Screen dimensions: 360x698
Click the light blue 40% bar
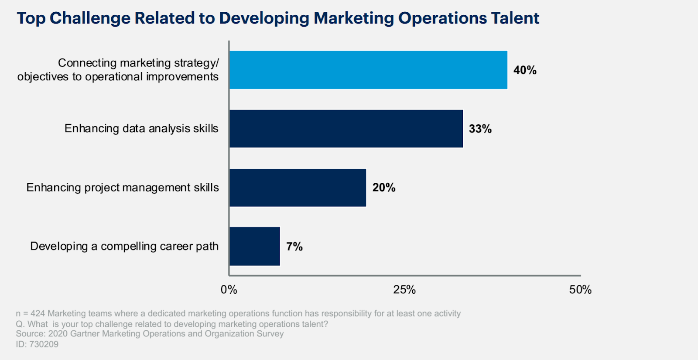[368, 70]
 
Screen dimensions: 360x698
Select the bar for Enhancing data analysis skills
[346, 129]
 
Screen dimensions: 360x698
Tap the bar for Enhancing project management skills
[298, 188]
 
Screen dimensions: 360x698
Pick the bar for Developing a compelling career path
[254, 247]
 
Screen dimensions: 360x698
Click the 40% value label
[525, 70]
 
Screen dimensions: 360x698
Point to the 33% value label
[480, 129]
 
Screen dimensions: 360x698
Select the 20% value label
[384, 188]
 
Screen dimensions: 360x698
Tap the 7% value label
[294, 247]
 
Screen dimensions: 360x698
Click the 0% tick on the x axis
[229, 290]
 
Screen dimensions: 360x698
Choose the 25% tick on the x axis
[404, 290]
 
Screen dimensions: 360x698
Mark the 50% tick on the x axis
[580, 290]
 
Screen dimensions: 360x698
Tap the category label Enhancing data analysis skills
[141, 129]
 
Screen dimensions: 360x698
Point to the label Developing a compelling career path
[124, 247]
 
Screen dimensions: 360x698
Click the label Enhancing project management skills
[123, 188]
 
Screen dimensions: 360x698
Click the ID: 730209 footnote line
[37, 344]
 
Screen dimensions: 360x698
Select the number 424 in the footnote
[38, 314]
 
